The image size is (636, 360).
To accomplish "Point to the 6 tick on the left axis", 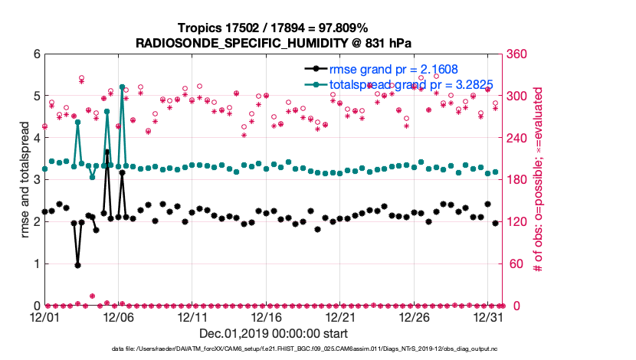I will tap(34, 54).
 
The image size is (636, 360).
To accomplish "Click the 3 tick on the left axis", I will tap(34, 180).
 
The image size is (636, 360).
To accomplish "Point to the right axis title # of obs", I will tap(538, 180).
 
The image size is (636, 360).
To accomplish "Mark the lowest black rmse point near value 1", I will tap(77, 265).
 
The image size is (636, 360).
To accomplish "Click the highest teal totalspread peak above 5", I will tap(122, 87).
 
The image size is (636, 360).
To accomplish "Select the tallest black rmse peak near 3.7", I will tap(107, 152).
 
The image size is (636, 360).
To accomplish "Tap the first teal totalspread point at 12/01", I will tap(44, 169).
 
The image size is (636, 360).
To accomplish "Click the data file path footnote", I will tap(272, 349).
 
